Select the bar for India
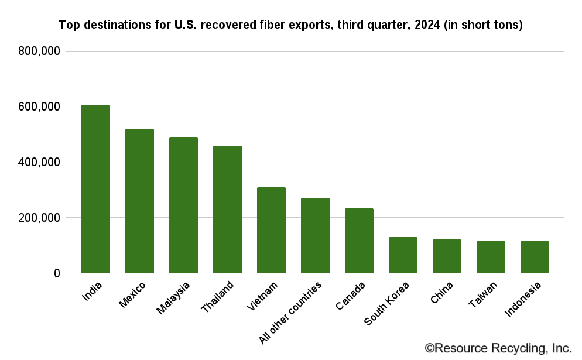(95, 189)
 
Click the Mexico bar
(139, 201)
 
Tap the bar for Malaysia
(183, 205)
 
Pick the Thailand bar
(227, 210)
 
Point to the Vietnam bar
(271, 230)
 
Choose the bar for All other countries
(315, 235)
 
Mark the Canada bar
(359, 241)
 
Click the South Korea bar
(403, 255)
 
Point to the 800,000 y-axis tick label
(39, 52)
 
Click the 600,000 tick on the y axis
(39, 107)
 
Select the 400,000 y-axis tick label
(39, 162)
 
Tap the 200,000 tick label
(39, 218)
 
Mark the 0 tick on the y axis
(56, 273)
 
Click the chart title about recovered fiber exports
(291, 25)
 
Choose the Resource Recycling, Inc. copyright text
(498, 348)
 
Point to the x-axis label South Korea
(387, 304)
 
